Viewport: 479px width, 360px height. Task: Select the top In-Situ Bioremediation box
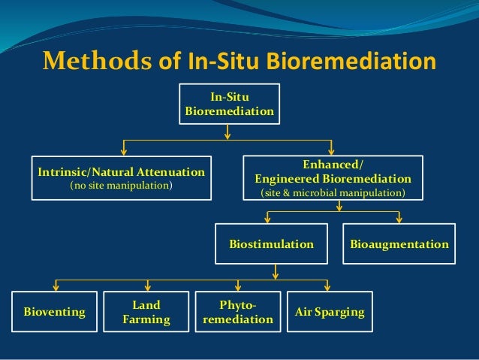click(x=229, y=104)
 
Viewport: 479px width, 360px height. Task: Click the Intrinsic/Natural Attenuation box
click(x=121, y=177)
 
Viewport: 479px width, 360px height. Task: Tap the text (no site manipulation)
click(x=121, y=185)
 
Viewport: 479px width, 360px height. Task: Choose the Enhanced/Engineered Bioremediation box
click(x=333, y=177)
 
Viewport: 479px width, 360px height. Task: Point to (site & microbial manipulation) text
click(x=333, y=193)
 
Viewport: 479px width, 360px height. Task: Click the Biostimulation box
click(x=271, y=244)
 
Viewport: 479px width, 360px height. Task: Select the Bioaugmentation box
click(x=399, y=244)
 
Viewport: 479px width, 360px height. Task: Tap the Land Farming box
click(x=146, y=312)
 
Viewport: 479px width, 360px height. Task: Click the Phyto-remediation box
click(x=238, y=312)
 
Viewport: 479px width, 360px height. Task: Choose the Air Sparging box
click(x=329, y=312)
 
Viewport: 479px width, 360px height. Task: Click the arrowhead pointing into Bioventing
click(x=55, y=287)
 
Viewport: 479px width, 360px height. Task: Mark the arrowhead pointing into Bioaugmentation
click(x=399, y=219)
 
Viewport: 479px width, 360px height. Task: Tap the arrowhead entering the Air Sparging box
click(x=328, y=287)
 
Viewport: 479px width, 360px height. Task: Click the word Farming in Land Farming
click(x=146, y=319)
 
